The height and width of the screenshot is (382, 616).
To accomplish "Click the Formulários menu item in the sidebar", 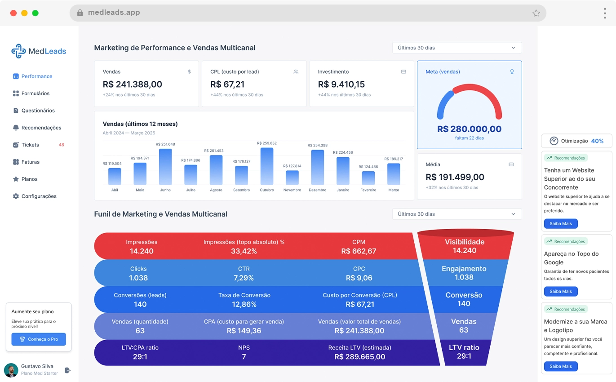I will coord(35,93).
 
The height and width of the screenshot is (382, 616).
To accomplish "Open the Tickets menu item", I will coord(30,145).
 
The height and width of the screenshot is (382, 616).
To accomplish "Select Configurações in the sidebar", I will coord(39,196).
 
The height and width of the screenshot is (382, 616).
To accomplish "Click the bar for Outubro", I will coord(267,166).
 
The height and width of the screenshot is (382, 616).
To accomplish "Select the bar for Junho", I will coord(165,167).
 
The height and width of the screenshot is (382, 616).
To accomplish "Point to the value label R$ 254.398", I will coord(318,146).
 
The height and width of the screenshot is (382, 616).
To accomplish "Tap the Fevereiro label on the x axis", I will coord(368,190).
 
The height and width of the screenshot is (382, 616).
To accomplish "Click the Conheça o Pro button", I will coord(39,339).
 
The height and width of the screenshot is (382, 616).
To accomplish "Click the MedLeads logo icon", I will coord(18,51).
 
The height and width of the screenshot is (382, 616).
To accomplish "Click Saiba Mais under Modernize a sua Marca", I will coord(561,366).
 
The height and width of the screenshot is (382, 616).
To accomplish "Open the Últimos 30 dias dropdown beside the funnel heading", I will coord(456,214).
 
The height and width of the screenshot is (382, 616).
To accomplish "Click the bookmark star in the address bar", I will coord(536,13).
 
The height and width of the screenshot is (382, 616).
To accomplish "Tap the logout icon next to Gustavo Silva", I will coord(68,370).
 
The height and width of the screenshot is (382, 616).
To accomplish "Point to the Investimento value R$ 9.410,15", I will coord(341,84).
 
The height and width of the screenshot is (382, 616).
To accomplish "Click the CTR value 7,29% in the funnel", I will coord(244,278).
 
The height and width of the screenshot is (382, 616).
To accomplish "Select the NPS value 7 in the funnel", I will coord(244,357).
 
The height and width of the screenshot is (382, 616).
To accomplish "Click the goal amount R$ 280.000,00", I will coord(469,129).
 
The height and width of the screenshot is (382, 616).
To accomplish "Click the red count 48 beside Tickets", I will coord(62,145).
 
